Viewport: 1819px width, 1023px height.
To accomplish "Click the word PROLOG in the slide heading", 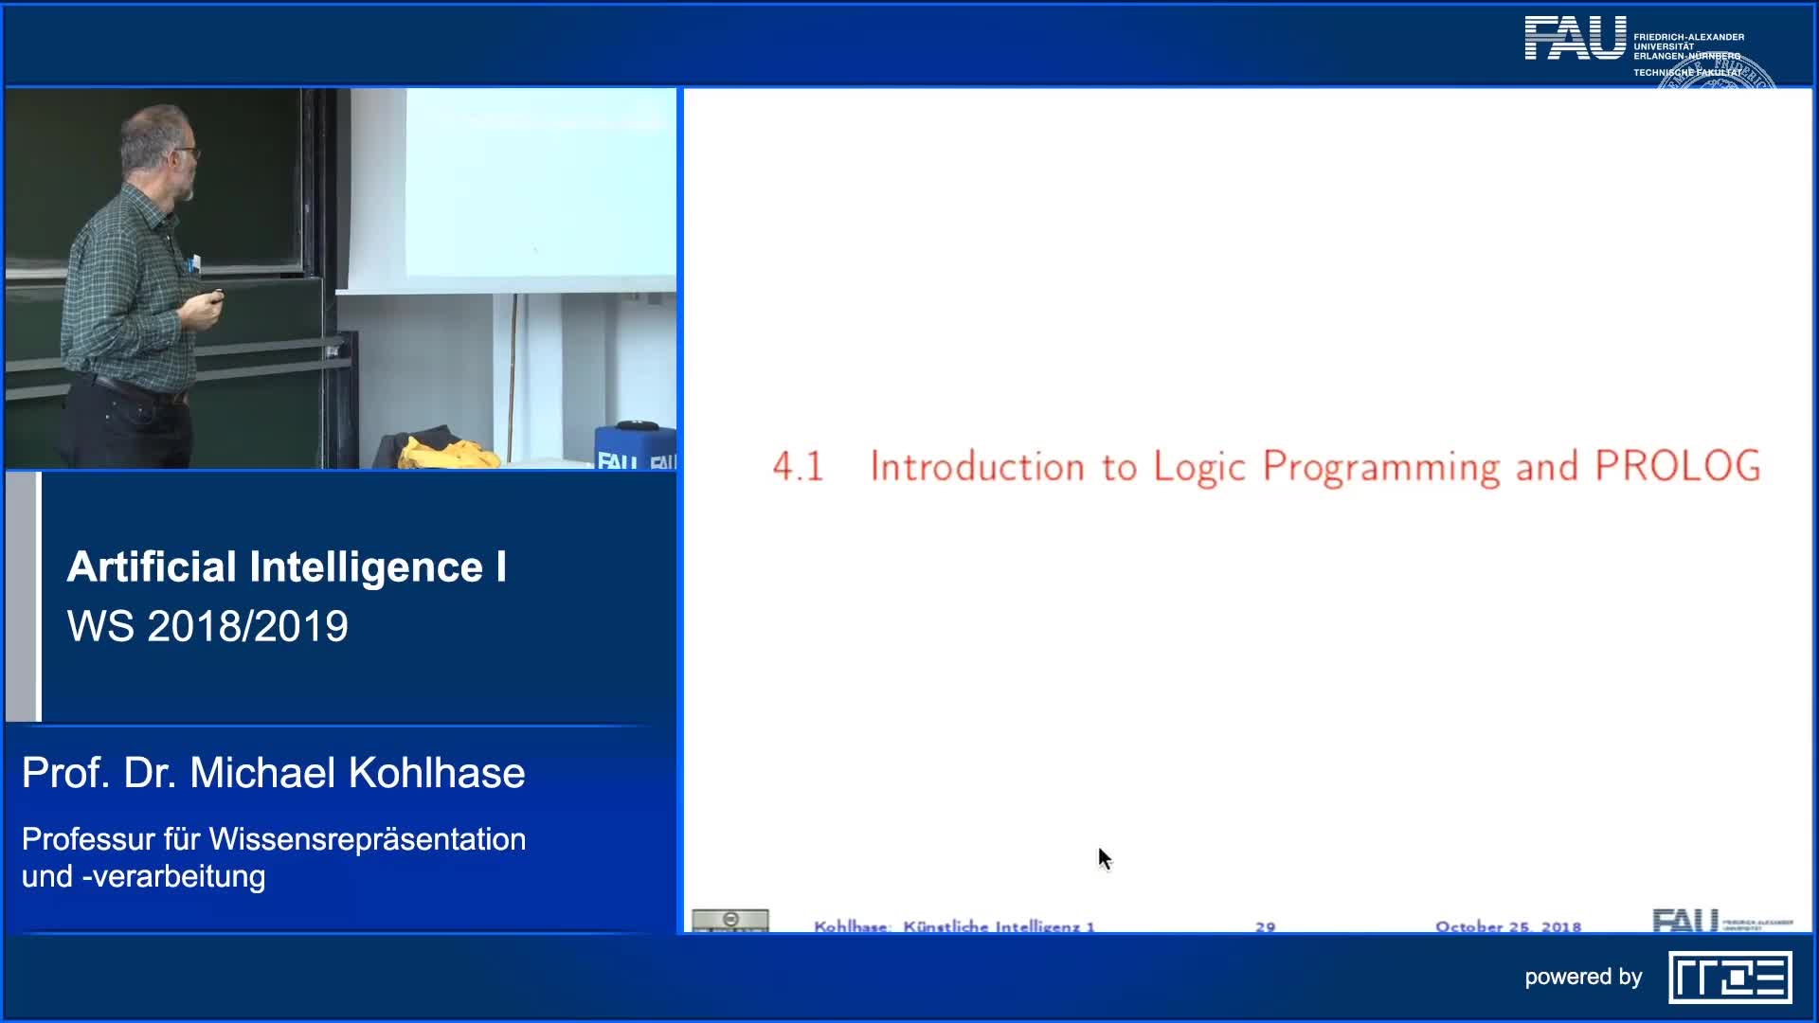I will pos(1677,466).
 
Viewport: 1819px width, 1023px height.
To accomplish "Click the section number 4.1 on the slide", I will pos(798,467).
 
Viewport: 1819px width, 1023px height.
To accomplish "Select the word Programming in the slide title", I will pos(1381,468).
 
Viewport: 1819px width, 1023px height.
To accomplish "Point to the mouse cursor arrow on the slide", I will pos(1103,857).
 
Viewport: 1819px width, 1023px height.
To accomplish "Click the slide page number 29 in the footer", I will pos(1265,926).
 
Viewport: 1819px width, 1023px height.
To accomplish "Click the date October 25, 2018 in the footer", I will pos(1507,926).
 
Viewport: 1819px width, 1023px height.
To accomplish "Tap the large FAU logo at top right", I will pos(1575,39).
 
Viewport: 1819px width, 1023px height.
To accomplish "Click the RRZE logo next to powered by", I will pos(1730,978).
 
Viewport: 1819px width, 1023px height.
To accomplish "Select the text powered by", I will pos(1582,977).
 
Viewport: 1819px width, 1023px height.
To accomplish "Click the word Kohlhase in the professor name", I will pos(436,773).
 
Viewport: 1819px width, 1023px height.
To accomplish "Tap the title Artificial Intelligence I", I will pos(286,566).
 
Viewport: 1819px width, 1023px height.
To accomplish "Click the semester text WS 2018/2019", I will pos(207,626).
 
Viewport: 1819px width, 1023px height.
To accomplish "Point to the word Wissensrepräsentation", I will pos(367,839).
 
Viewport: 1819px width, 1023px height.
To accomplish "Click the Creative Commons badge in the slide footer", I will pos(729,921).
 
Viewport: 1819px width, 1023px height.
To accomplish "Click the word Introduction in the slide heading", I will pos(976,467).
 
